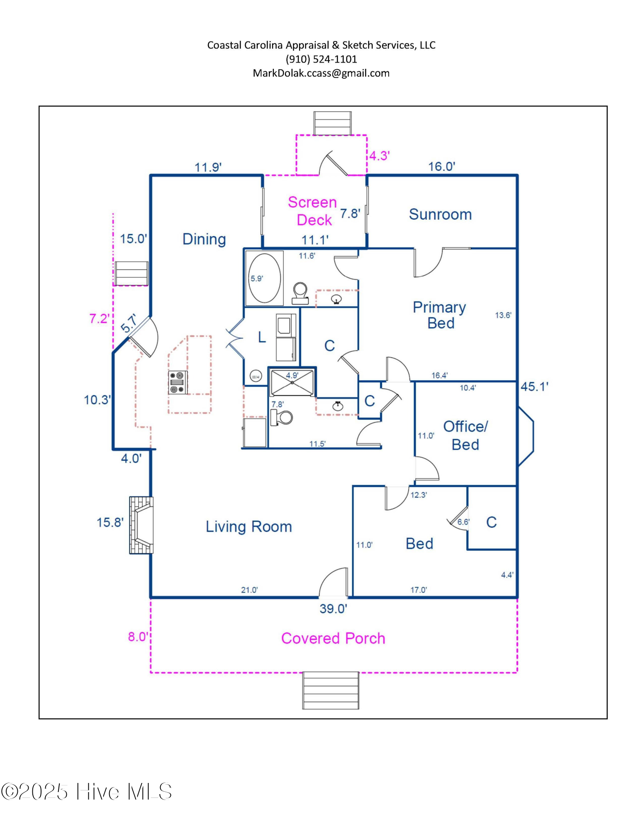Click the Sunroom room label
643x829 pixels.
(440, 214)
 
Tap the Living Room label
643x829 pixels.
(249, 527)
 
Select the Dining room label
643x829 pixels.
(204, 239)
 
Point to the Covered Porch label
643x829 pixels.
(333, 638)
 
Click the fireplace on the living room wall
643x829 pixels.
(141, 525)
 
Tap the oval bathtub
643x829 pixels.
(265, 278)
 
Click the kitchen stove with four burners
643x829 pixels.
(177, 382)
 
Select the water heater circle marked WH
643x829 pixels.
(256, 377)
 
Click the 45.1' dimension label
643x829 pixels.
(534, 387)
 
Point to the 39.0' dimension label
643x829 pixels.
(333, 609)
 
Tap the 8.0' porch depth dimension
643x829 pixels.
(138, 637)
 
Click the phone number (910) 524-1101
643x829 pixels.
(321, 59)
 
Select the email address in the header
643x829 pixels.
(321, 73)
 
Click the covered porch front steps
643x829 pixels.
(331, 690)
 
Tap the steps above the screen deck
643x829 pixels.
(332, 123)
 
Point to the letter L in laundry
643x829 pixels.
(262, 337)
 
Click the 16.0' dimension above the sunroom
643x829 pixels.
(441, 167)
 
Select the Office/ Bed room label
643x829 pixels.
(465, 435)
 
